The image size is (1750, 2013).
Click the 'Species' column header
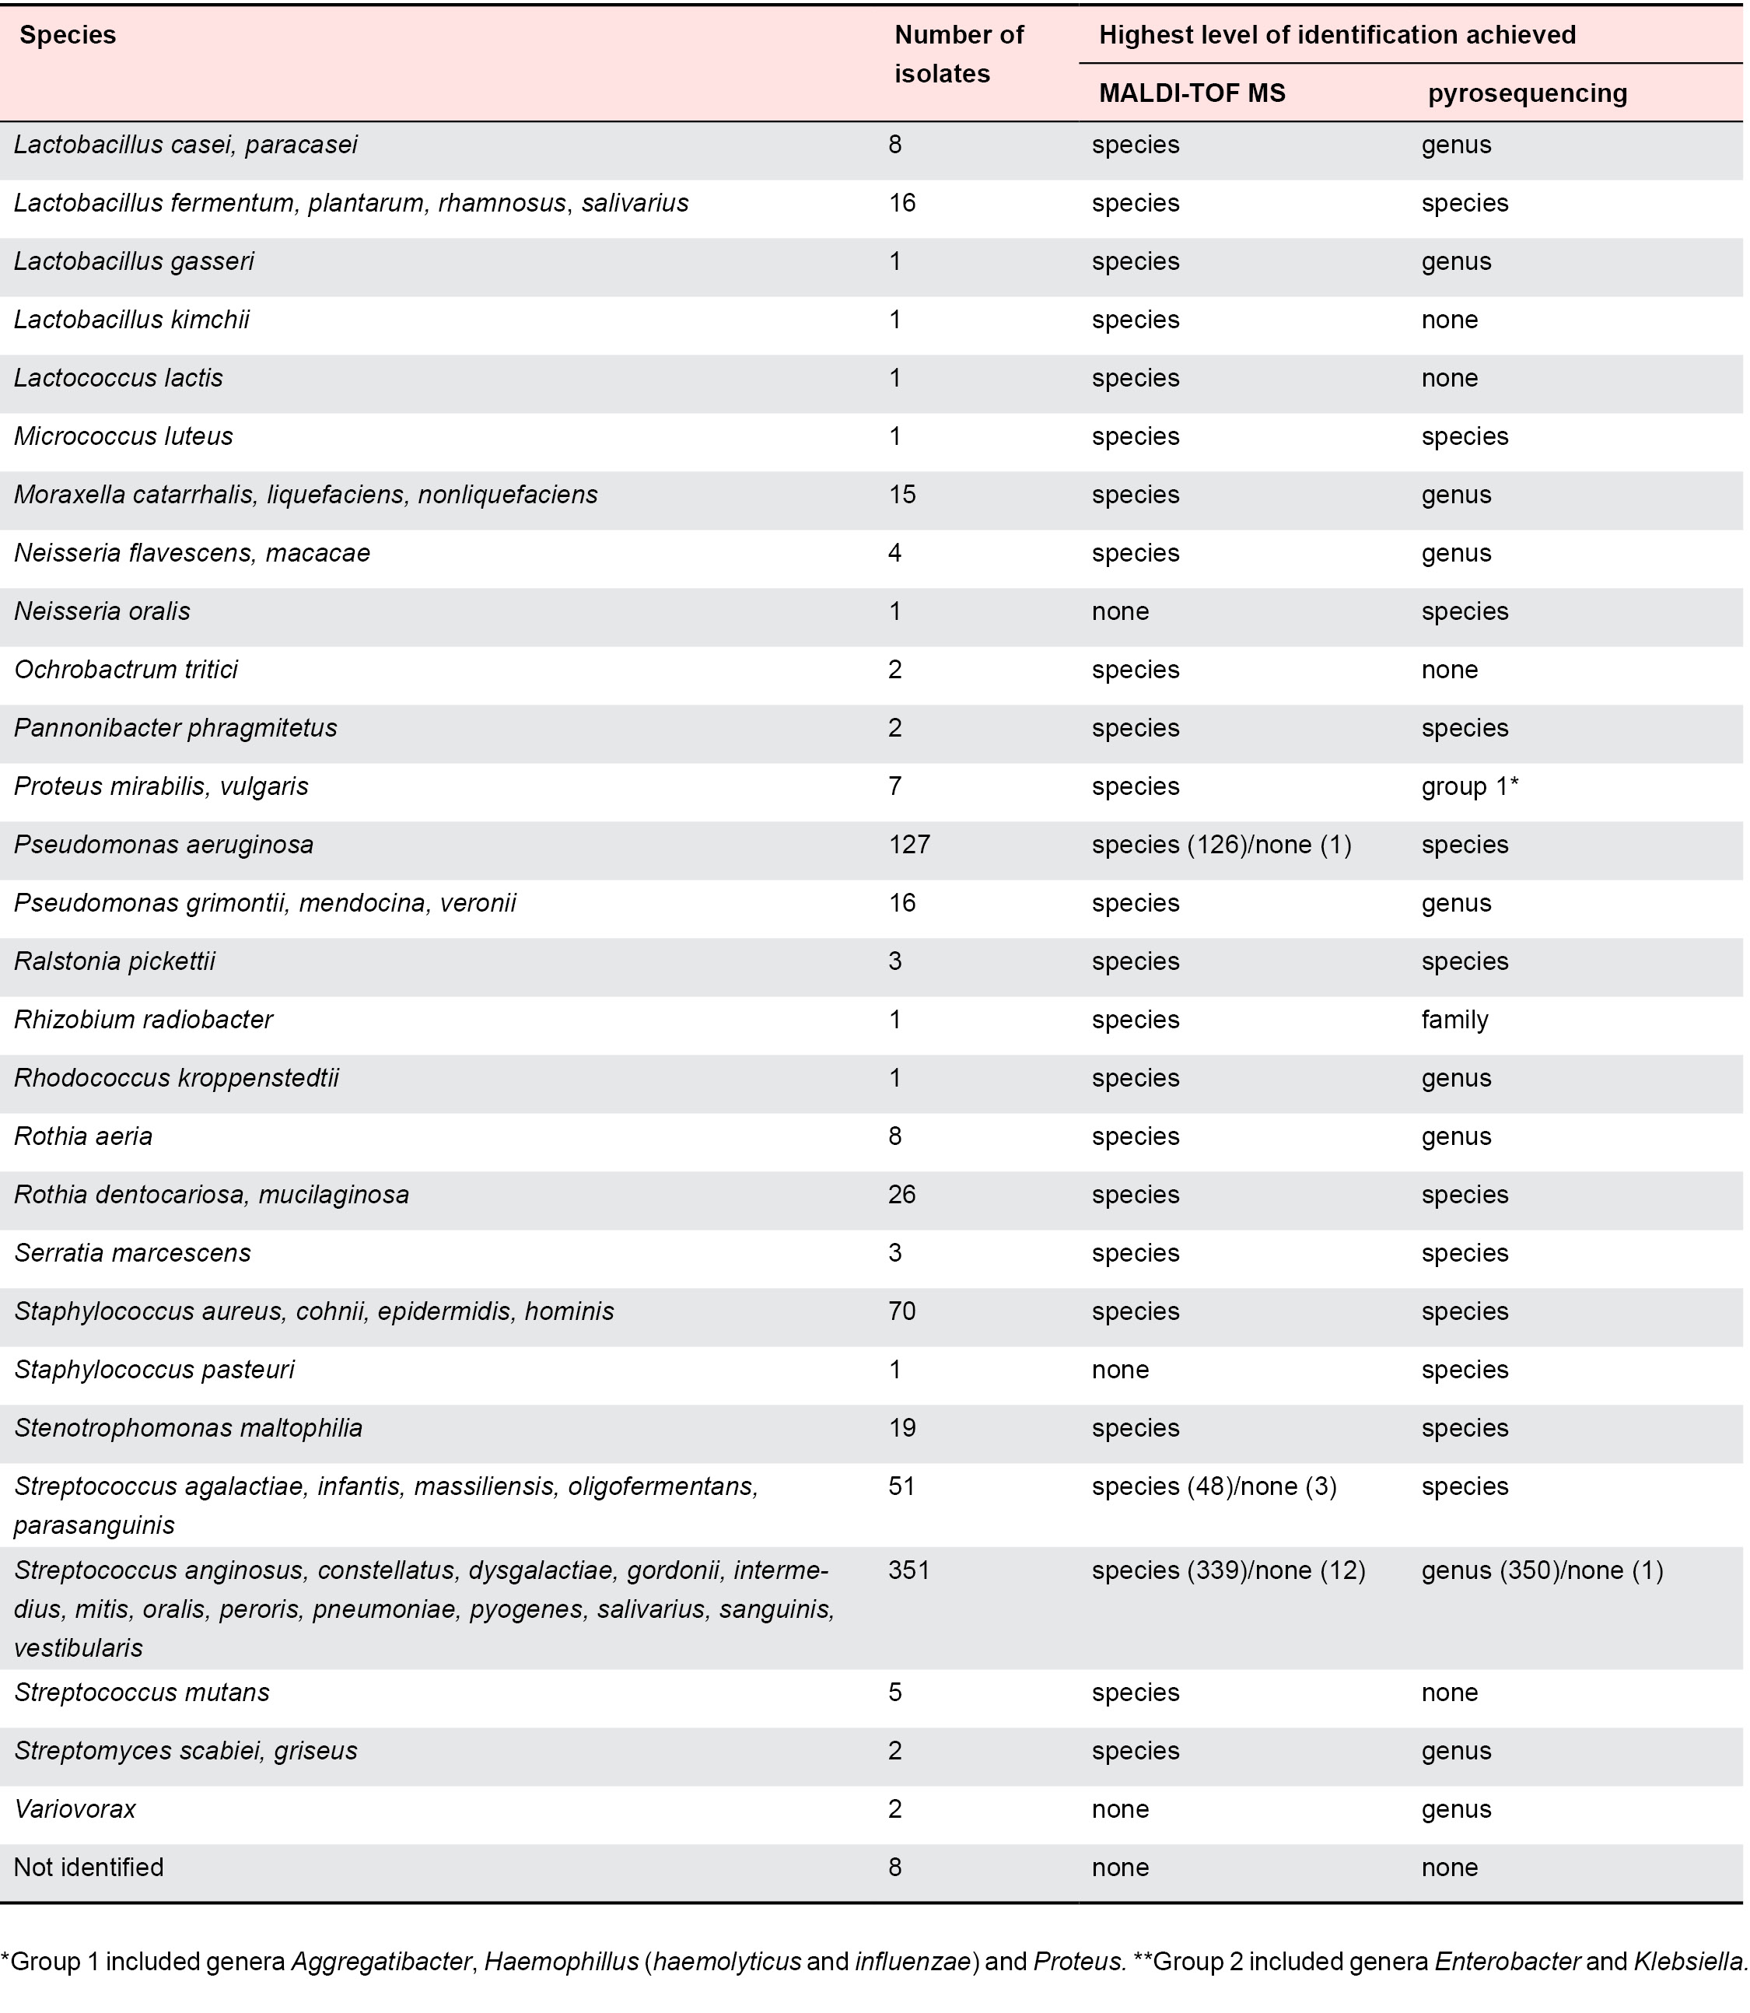pos(68,35)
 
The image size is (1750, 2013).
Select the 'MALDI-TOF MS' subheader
pos(1192,94)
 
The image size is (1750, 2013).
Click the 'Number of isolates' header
pos(958,54)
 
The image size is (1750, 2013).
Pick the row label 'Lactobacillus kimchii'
pos(132,320)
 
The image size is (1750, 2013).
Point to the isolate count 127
pos(909,845)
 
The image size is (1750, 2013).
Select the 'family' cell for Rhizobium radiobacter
pos(1454,1020)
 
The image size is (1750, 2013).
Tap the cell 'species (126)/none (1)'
pos(1220,845)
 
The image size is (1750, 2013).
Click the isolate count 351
pos(909,1570)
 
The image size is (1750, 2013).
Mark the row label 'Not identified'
pos(89,1868)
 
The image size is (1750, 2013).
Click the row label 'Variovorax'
pos(75,1809)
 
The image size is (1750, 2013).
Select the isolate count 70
pos(902,1311)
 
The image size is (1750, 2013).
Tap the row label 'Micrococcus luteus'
pos(124,436)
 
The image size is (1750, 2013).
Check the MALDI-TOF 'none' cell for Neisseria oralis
pos(1120,611)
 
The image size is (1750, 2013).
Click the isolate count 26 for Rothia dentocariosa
pos(902,1195)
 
